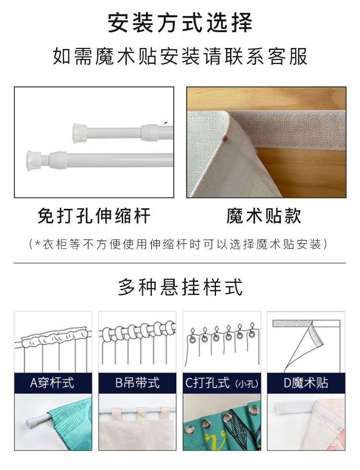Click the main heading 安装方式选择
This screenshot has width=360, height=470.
[180, 23]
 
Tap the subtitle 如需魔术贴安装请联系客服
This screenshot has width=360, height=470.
[180, 57]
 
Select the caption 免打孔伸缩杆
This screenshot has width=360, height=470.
[94, 216]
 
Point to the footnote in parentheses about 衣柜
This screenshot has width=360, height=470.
[180, 244]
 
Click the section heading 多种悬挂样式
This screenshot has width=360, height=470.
[180, 287]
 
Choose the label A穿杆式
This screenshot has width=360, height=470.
[52, 383]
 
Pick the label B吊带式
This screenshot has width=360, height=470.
[137, 383]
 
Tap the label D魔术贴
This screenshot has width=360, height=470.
[306, 383]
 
